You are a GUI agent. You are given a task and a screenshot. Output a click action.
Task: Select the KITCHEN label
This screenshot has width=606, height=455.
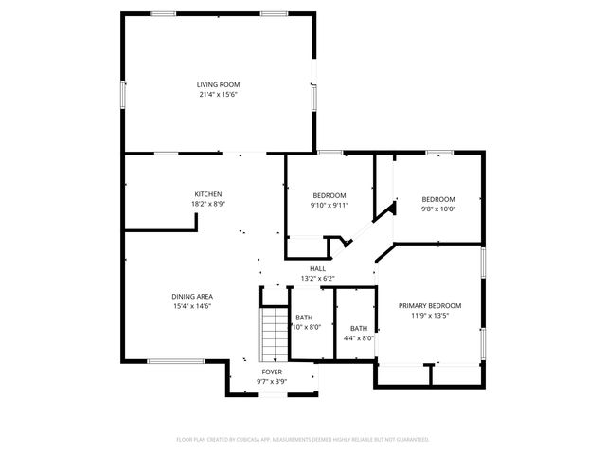pos(208,194)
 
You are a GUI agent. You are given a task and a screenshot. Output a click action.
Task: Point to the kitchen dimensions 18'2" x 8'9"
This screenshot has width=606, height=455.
pos(208,204)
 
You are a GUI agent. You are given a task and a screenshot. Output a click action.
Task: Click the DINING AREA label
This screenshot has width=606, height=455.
pos(191,297)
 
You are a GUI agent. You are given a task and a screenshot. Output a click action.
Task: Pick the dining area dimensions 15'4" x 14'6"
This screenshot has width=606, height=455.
pos(191,306)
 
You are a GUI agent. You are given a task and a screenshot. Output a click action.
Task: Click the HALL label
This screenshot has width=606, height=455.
pos(317,269)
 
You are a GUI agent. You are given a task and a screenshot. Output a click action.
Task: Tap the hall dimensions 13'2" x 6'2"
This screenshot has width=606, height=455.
pos(317,279)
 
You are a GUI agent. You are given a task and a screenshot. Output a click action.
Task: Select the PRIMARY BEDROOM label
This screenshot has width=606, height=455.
pos(429,305)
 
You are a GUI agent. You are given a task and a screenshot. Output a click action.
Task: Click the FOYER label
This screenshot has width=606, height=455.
pos(272,373)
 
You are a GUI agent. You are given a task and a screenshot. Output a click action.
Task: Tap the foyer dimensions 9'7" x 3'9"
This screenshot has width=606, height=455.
pos(272,382)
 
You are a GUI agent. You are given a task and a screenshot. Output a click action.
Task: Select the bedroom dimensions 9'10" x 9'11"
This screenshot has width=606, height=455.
pos(330,205)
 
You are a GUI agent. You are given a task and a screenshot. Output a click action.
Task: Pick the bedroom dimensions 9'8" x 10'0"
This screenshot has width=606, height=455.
pos(438,209)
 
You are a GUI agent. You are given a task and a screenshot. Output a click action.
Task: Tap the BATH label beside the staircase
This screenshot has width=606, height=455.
pos(304,318)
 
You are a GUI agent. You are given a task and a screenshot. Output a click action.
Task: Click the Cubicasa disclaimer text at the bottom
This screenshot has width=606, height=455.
pos(303,440)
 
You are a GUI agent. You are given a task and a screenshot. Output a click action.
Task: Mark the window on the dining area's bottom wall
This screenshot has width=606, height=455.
pos(168,360)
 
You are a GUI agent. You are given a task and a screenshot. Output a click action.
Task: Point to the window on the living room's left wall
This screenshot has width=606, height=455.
pos(122,95)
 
